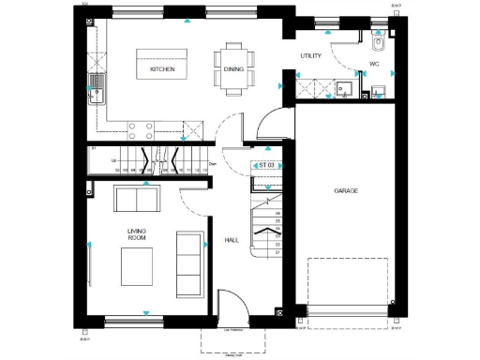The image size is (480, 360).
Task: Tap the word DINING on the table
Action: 232,69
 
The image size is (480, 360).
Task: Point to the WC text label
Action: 373,65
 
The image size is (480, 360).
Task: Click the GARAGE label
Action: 346,190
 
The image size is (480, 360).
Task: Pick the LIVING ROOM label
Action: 137,232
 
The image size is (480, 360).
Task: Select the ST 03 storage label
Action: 266,166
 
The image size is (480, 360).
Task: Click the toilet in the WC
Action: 378,43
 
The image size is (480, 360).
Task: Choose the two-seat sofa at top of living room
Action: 137,200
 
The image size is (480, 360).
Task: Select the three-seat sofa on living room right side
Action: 190,264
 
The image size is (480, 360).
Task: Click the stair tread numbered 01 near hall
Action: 277,252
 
